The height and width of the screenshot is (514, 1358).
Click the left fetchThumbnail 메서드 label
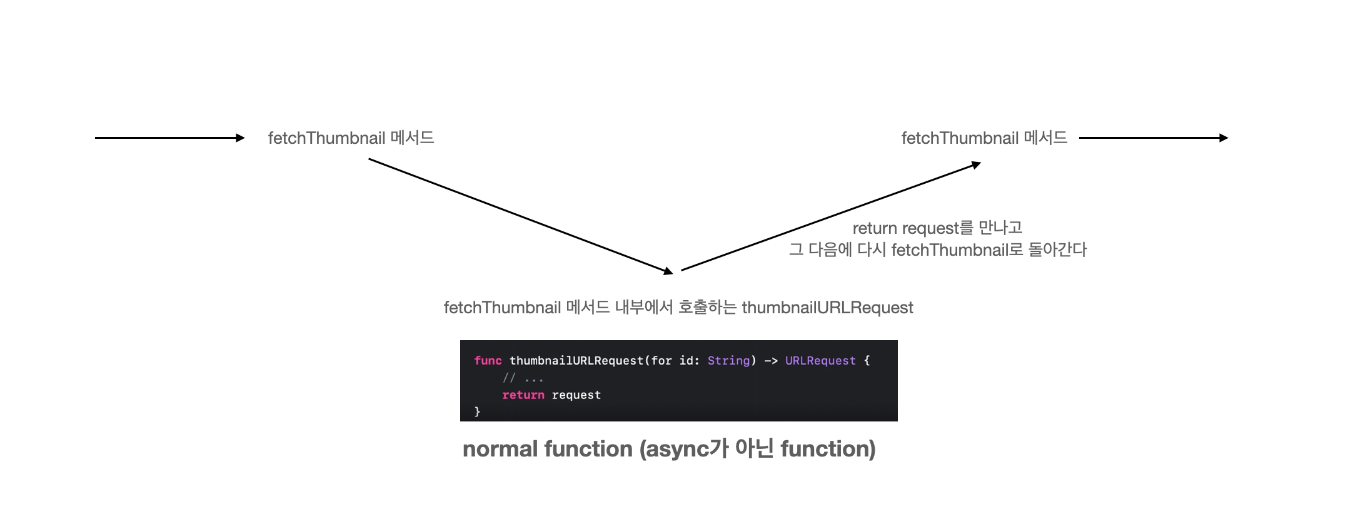(351, 138)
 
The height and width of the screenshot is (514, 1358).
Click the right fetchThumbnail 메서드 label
(984, 138)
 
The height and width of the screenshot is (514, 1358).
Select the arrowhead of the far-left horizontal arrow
(240, 138)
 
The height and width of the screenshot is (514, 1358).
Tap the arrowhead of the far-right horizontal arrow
(1224, 138)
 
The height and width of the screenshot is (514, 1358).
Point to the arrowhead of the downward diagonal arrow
(668, 271)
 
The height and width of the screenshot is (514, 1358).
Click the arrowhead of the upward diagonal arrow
(976, 165)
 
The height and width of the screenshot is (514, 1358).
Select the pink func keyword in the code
(488, 361)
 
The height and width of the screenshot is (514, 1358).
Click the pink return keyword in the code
(523, 395)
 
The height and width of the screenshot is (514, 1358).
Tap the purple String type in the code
(728, 361)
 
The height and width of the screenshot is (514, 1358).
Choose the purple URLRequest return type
(820, 361)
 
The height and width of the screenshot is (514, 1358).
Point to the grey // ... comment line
(523, 378)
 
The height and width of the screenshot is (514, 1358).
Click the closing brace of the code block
(477, 411)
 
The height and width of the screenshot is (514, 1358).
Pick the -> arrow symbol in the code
(771, 361)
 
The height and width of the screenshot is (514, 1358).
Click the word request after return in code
(576, 395)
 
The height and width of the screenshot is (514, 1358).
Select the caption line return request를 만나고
(937, 228)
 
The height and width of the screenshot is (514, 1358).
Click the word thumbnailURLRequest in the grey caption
(827, 308)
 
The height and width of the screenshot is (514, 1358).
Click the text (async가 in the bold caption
(684, 449)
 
